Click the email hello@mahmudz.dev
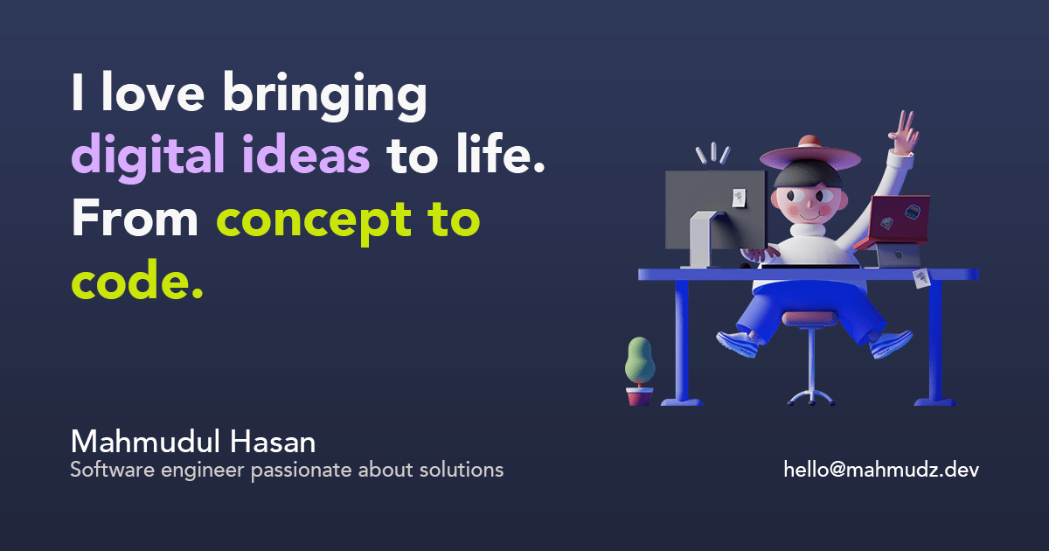click(881, 470)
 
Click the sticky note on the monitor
click(740, 198)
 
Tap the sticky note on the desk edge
click(921, 279)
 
